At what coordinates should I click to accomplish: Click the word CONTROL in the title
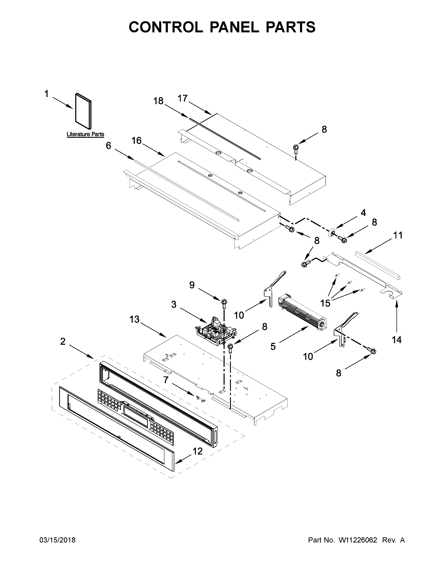pyautogui.click(x=166, y=27)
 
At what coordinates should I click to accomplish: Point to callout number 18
pyautogui.click(x=158, y=101)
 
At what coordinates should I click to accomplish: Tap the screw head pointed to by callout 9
pyautogui.click(x=224, y=301)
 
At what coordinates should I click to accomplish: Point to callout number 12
pyautogui.click(x=198, y=451)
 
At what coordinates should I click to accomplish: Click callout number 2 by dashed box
pyautogui.click(x=63, y=342)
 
